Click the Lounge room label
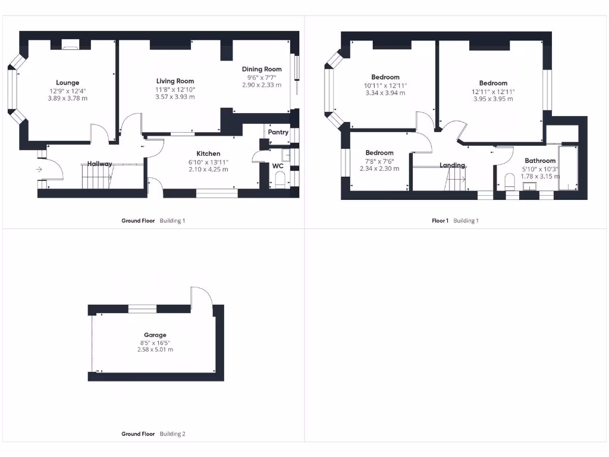click(67, 83)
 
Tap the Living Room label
click(175, 81)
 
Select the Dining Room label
click(262, 69)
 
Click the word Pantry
click(278, 132)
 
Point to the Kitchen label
click(208, 154)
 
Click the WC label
click(278, 166)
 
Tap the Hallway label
click(100, 164)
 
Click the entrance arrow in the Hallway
click(39, 170)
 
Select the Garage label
click(155, 335)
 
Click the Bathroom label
click(540, 161)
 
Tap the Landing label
click(452, 165)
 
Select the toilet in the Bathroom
click(509, 180)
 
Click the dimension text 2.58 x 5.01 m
click(155, 349)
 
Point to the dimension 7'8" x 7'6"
click(379, 161)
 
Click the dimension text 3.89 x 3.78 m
click(67, 98)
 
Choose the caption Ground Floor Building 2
click(153, 434)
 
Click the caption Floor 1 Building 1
click(455, 221)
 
